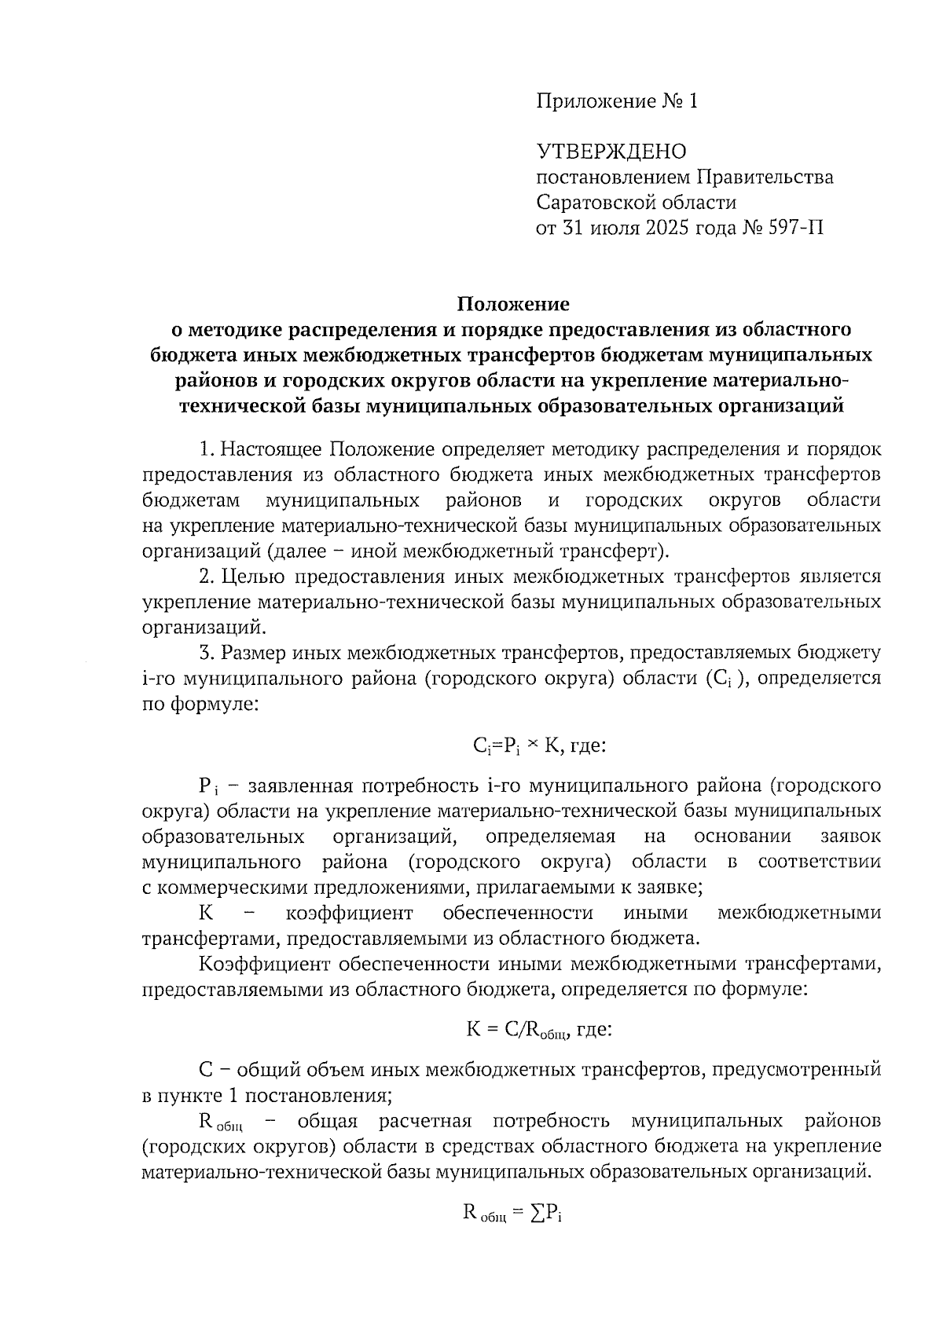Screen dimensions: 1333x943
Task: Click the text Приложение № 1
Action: [x=617, y=101]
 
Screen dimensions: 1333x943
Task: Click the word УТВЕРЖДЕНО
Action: [x=611, y=152]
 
